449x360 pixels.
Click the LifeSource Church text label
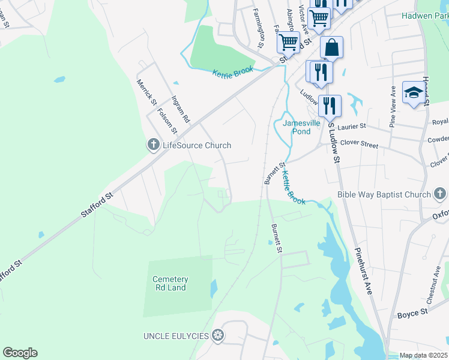pos(197,145)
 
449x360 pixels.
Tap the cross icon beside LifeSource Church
pos(153,145)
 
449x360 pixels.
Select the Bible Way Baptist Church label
pos(384,194)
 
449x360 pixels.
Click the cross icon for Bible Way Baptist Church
pos(440,194)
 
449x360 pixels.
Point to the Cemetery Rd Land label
pos(170,284)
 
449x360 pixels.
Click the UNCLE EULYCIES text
pos(175,335)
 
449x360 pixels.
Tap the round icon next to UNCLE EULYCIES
pos(218,335)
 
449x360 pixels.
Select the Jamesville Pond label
pos(305,127)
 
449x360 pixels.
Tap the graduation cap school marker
pos(413,92)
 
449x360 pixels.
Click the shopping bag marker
pos(331,47)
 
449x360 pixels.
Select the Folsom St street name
pos(167,120)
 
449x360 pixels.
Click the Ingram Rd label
pos(180,109)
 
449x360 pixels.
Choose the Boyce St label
pos(412,313)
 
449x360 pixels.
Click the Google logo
pos(20,353)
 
